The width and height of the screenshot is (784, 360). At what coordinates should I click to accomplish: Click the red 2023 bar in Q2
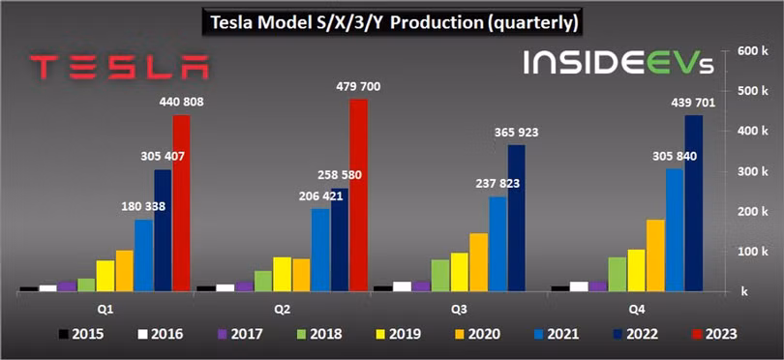(358, 194)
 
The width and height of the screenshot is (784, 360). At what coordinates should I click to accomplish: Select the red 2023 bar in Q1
(181, 203)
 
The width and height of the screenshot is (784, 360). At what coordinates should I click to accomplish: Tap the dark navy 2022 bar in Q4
(693, 203)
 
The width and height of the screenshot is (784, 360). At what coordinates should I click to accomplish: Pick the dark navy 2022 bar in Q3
(516, 218)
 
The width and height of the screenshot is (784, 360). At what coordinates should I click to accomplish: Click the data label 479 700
(358, 87)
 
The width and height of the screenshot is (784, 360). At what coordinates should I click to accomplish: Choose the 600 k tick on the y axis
(752, 49)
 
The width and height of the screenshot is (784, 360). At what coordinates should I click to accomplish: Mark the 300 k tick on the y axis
(752, 170)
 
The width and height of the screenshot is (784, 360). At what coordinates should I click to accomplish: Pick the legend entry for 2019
(398, 334)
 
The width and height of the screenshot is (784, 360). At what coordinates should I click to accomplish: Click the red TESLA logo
(118, 68)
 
